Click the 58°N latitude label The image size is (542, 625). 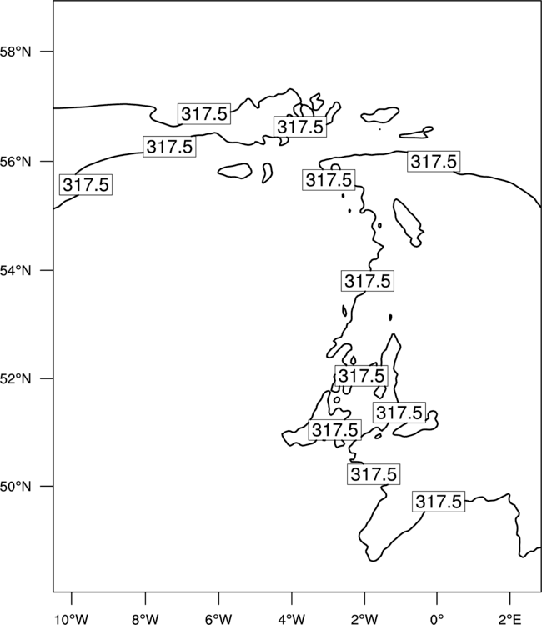coord(15,52)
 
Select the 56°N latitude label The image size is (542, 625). coord(15,162)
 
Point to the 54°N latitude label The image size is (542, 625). coord(15,271)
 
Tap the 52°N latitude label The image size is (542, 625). coord(15,378)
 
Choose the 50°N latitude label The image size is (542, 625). coord(15,487)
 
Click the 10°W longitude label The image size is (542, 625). coord(72,619)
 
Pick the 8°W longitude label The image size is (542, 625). coord(145,619)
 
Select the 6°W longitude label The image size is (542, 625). coord(218,619)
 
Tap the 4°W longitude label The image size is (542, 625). coord(292,619)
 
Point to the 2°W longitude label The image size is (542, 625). coord(364,619)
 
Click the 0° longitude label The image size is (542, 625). coord(437,619)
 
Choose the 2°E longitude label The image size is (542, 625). coord(510,619)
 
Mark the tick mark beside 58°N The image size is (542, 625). coord(47,52)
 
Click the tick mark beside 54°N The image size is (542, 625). coord(47,270)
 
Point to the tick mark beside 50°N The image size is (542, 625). coord(47,487)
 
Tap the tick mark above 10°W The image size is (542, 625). coord(72,598)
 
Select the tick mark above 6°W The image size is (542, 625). coord(218,598)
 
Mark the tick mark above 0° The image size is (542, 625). coord(437,598)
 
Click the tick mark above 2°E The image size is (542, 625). coord(510,598)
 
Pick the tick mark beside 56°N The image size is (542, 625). coord(47,162)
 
